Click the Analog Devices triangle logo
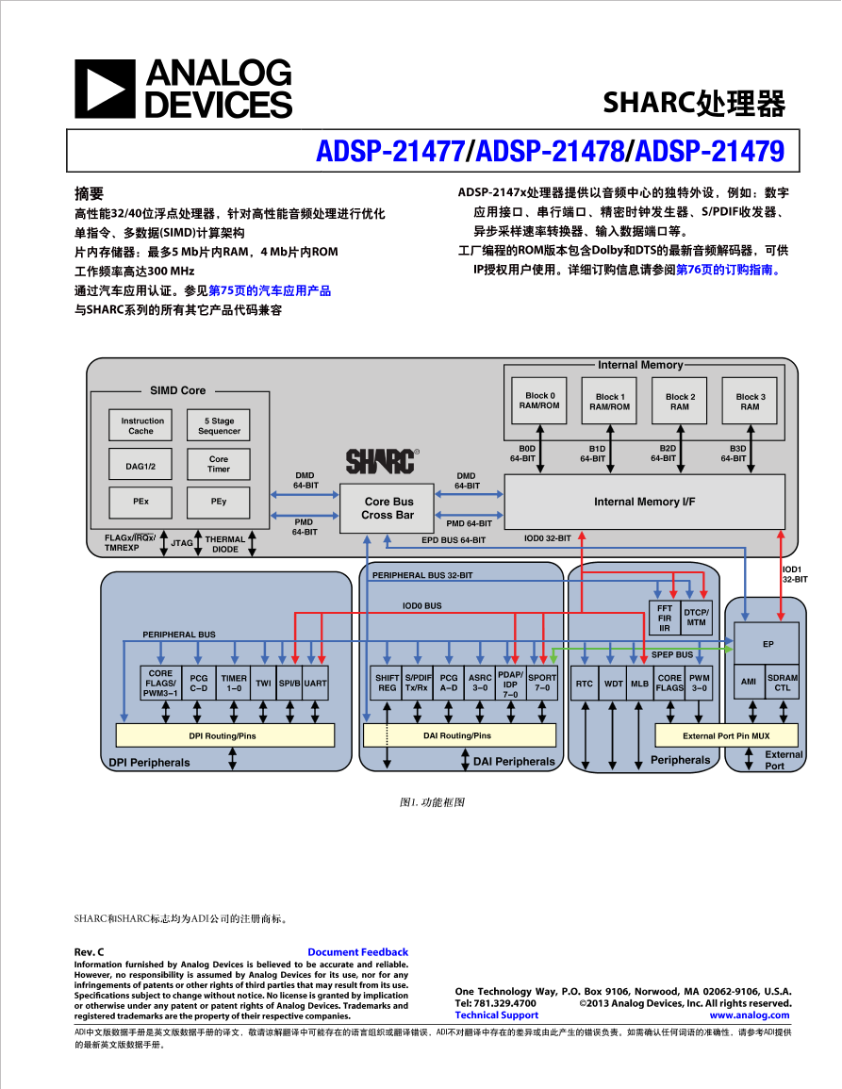click(x=105, y=89)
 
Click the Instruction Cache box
click(x=141, y=426)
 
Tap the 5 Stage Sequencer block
click(x=219, y=426)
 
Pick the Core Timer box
click(x=219, y=464)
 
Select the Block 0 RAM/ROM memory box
click(x=539, y=401)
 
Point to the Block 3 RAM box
click(x=750, y=402)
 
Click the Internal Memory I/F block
click(x=644, y=502)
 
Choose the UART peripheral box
click(x=316, y=683)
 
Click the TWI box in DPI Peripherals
click(x=263, y=683)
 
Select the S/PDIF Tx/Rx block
click(x=418, y=683)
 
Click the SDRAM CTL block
click(x=783, y=683)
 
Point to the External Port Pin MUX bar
click(x=726, y=735)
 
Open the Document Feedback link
click(x=357, y=952)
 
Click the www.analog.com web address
click(x=750, y=1015)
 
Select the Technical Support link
click(x=496, y=1015)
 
